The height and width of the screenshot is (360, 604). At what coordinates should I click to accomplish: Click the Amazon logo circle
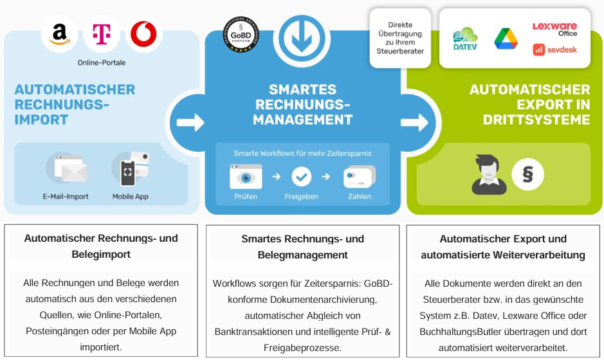click(x=60, y=33)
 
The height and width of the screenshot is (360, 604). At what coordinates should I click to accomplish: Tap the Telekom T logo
click(x=102, y=33)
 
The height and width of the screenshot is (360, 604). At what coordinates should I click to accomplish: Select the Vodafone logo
click(x=143, y=35)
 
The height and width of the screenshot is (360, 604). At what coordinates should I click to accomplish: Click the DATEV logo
click(x=464, y=39)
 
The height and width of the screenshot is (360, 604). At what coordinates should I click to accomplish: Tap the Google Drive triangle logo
click(x=506, y=39)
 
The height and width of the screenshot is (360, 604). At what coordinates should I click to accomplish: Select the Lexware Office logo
click(x=554, y=29)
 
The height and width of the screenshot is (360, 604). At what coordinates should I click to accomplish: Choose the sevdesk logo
click(x=554, y=50)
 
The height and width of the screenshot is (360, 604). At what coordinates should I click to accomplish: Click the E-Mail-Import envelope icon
click(x=67, y=170)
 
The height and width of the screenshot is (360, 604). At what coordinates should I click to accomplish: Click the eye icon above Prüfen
click(x=245, y=176)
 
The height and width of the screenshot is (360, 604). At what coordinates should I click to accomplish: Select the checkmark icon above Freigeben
click(x=301, y=176)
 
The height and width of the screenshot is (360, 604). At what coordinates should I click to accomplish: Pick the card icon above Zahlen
click(x=359, y=176)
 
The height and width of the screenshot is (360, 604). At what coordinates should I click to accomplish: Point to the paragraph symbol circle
click(x=528, y=174)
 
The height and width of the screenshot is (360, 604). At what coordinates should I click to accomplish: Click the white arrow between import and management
click(x=190, y=122)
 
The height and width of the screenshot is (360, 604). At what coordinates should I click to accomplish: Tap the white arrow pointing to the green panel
click(x=415, y=122)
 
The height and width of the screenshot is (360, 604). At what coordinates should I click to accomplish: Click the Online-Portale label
click(x=102, y=62)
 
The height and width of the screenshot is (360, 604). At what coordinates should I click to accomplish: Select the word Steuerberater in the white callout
click(x=400, y=51)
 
